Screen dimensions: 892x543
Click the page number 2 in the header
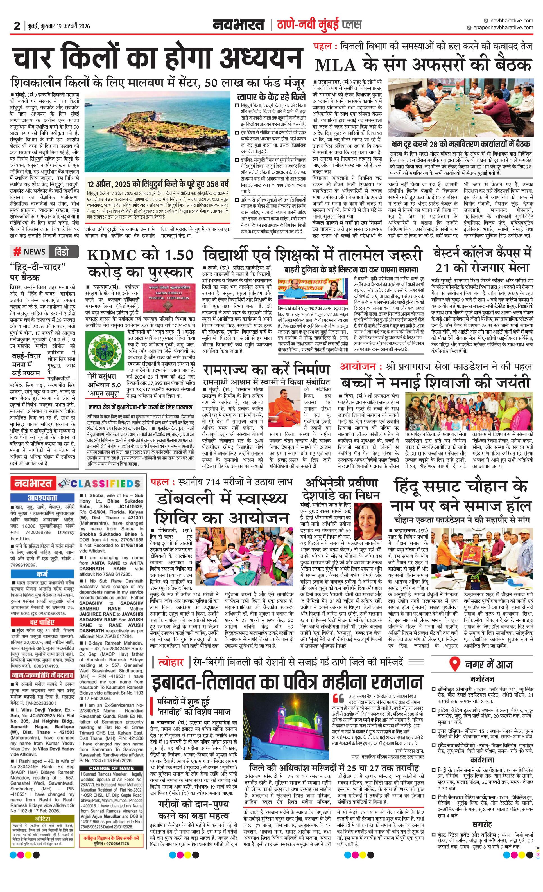tap(17, 26)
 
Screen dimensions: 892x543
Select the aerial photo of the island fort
tap(157, 131)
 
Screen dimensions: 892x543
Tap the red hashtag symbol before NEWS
tap(17, 252)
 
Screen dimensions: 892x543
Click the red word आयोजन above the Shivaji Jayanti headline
tap(360, 366)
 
